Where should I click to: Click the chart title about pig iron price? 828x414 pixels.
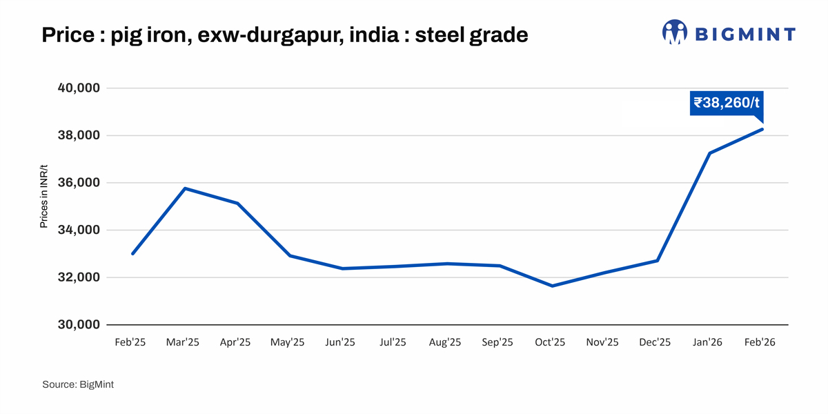click(x=284, y=34)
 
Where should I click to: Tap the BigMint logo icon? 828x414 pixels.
click(x=674, y=32)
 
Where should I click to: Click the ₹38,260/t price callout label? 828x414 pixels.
click(x=727, y=103)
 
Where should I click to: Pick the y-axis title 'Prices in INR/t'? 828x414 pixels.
click(x=44, y=197)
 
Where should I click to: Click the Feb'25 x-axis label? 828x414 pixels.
click(x=130, y=343)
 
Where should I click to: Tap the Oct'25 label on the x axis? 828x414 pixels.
click(x=550, y=343)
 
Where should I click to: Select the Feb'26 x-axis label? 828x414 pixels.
click(x=760, y=343)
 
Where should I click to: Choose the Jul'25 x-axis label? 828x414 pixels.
click(x=393, y=343)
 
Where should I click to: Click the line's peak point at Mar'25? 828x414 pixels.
click(x=185, y=188)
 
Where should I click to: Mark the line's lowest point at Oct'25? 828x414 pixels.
click(x=552, y=286)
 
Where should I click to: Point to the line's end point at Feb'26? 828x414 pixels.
click(x=762, y=129)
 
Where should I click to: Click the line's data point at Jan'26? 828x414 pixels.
click(x=709, y=153)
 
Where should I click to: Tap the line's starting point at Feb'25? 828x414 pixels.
click(x=132, y=254)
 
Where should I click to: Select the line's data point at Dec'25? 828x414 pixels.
click(x=657, y=261)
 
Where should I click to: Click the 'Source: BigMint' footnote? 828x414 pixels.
click(x=78, y=384)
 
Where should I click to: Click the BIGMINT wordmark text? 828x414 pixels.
click(x=745, y=34)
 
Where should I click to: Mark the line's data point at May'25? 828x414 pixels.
click(x=290, y=256)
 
